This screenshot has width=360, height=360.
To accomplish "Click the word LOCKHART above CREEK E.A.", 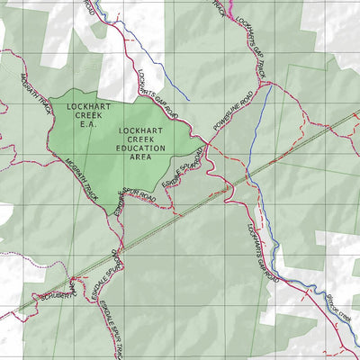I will point(87,105).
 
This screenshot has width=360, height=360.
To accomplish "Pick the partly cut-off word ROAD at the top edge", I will point(89,7).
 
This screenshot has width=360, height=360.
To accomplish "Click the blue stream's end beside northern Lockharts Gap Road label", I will point(188,98).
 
